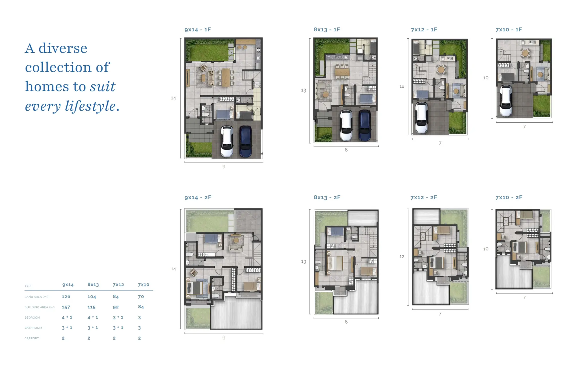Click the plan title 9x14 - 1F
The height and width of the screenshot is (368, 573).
pyautogui.click(x=198, y=30)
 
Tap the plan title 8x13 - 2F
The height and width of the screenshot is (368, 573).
pyautogui.click(x=327, y=197)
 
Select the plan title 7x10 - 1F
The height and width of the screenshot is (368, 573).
pyautogui.click(x=509, y=30)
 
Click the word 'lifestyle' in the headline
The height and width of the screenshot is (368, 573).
pyautogui.click(x=90, y=106)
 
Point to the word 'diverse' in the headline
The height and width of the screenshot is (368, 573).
pyautogui.click(x=63, y=48)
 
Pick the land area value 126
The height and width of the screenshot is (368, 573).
pyautogui.click(x=66, y=297)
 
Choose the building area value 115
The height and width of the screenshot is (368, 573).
pyautogui.click(x=91, y=307)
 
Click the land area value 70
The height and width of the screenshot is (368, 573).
pyautogui.click(x=141, y=297)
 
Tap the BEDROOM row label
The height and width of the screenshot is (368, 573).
pyautogui.click(x=32, y=318)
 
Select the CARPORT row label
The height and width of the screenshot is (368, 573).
pyautogui.click(x=32, y=338)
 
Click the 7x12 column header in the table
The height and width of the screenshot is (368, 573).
pyautogui.click(x=118, y=285)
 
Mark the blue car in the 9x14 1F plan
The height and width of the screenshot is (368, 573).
pyautogui.click(x=246, y=141)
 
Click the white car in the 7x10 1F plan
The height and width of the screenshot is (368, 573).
pyautogui.click(x=506, y=101)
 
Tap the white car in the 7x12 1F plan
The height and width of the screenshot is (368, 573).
pyautogui.click(x=421, y=118)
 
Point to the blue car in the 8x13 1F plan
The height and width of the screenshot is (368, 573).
pyautogui.click(x=364, y=125)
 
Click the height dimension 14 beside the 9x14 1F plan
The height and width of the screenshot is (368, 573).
pyautogui.click(x=173, y=98)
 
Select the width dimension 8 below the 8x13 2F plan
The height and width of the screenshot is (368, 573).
pyautogui.click(x=346, y=322)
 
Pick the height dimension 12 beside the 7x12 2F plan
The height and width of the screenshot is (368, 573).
pyautogui.click(x=402, y=257)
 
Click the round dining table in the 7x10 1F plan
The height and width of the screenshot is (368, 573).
pyautogui.click(x=525, y=53)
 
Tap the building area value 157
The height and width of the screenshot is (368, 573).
pyautogui.click(x=66, y=307)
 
